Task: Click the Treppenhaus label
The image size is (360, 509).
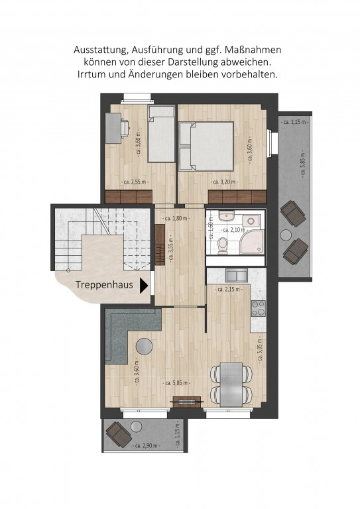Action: (104, 285)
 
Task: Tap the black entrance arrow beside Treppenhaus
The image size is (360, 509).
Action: (144, 286)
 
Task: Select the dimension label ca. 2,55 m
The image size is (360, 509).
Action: (137, 182)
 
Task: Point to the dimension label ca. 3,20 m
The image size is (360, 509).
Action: (224, 182)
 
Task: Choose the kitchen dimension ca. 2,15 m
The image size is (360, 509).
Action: (229, 289)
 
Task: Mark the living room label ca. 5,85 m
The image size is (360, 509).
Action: (176, 383)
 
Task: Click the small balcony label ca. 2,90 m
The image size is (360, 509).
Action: (147, 445)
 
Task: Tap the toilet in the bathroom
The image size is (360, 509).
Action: (223, 246)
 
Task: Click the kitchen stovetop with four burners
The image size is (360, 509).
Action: (259, 308)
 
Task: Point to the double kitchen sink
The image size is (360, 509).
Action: (237, 276)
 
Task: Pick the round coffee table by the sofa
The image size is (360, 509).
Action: (144, 347)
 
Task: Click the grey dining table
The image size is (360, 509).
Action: (231, 384)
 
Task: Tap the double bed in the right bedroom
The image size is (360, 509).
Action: (206, 146)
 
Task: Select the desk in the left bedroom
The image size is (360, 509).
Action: (113, 127)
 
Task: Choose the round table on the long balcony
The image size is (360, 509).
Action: (286, 235)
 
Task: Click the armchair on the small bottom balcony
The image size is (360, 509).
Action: (119, 434)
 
